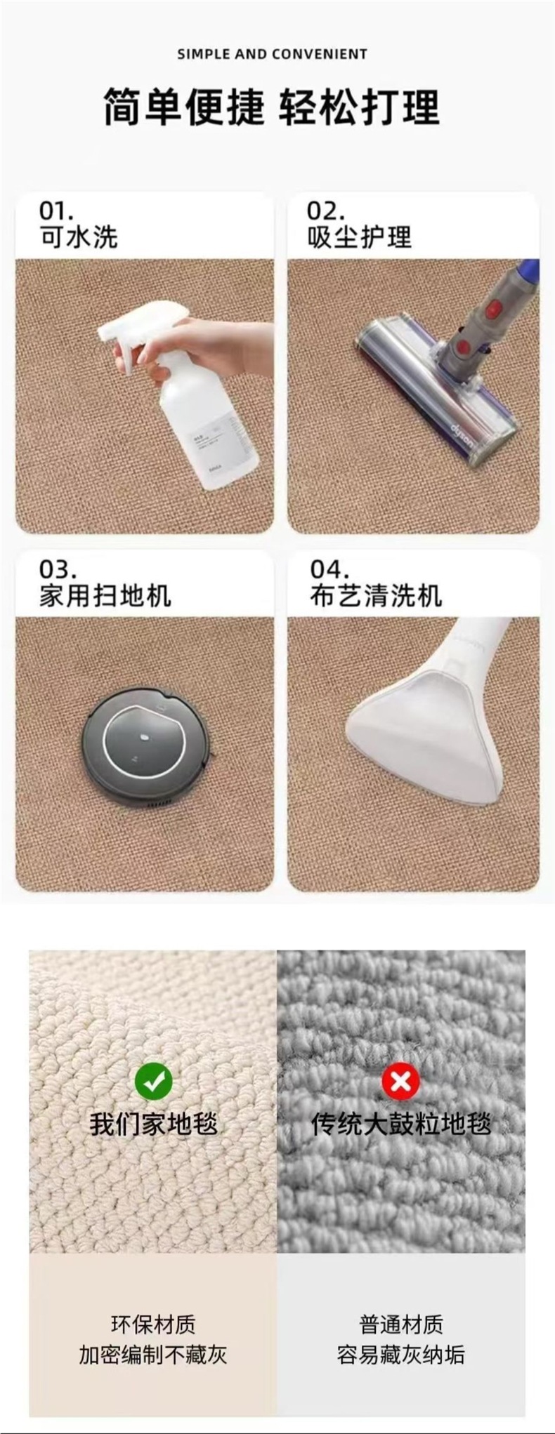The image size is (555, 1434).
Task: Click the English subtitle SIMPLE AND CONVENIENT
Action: coord(272,54)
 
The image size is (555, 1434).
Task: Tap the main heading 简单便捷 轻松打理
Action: coord(272,107)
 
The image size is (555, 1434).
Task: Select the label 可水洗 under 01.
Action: coord(78,237)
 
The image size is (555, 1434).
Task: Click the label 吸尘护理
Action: coord(359,237)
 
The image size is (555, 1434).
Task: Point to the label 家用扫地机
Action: coord(105,595)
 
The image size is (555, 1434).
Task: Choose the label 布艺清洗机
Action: coord(376,595)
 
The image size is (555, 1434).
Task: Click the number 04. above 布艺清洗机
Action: coord(329,569)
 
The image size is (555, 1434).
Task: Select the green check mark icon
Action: coord(154,1080)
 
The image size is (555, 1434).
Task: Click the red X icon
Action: coord(400,1081)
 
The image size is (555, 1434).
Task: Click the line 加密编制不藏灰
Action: coord(152,1354)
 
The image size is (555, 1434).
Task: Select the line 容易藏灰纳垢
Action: coord(400,1354)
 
